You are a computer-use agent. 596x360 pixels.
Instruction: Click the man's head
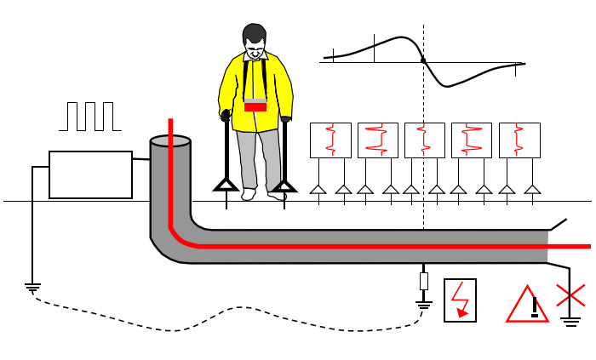[x=255, y=41]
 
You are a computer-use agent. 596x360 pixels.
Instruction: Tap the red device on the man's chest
[x=255, y=106]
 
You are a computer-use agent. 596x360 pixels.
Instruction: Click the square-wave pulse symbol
[x=89, y=117]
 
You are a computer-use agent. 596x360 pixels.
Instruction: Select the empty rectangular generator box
[x=90, y=174]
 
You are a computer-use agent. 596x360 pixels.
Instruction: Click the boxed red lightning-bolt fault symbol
[x=461, y=300]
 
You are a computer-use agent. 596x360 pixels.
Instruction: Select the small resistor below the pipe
[x=423, y=281]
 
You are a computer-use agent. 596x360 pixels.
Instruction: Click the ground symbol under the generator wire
[x=33, y=288]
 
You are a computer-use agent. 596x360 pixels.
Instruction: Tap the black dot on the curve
[x=423, y=60]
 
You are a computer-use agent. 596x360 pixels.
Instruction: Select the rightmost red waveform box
[x=519, y=140]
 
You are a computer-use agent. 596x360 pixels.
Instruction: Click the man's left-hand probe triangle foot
[x=226, y=184]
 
